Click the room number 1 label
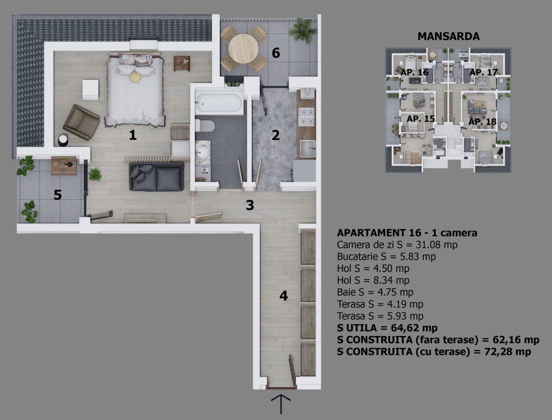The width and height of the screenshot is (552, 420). click(133, 135)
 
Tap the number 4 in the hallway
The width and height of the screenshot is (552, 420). click(284, 296)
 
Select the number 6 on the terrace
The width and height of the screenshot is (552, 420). click(275, 53)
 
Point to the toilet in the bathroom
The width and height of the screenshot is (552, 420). click(205, 125)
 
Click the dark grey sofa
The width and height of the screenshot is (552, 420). click(157, 177)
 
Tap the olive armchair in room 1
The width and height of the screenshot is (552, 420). click(81, 122)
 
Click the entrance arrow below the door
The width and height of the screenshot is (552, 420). click(281, 404)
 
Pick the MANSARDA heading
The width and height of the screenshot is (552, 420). click(448, 36)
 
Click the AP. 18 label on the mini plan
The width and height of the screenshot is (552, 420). click(482, 122)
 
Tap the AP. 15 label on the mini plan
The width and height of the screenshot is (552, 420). click(420, 119)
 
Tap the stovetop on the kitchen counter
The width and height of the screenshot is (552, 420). click(306, 117)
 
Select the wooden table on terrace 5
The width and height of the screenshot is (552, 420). click(64, 165)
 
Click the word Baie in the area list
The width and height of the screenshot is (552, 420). click(346, 292)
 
